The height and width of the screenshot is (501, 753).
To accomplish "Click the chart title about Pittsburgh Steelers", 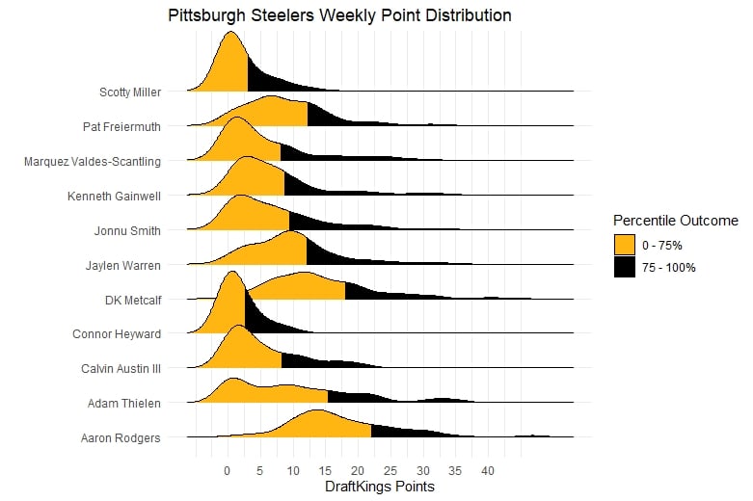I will [339, 16].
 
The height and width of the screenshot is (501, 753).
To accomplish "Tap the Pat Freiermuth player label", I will [121, 126].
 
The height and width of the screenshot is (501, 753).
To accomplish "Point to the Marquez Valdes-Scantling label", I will [93, 161].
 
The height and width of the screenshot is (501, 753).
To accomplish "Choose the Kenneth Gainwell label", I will [114, 196].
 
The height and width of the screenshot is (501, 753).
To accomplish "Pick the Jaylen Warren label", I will [124, 265].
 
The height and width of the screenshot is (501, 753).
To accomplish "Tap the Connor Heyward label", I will [117, 334].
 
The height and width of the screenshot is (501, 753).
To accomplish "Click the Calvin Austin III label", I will [121, 369].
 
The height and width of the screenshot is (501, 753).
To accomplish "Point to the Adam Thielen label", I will [124, 404].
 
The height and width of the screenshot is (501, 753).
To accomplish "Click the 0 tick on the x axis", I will [227, 471].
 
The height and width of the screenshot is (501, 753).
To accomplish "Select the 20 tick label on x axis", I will [358, 471].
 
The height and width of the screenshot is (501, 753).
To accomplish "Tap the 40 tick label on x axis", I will [488, 471].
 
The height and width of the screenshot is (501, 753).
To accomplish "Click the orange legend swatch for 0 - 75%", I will [626, 245].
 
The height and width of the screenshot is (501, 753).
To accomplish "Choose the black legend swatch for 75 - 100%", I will [626, 267].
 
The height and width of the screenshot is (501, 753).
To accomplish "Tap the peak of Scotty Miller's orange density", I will [231, 33].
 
